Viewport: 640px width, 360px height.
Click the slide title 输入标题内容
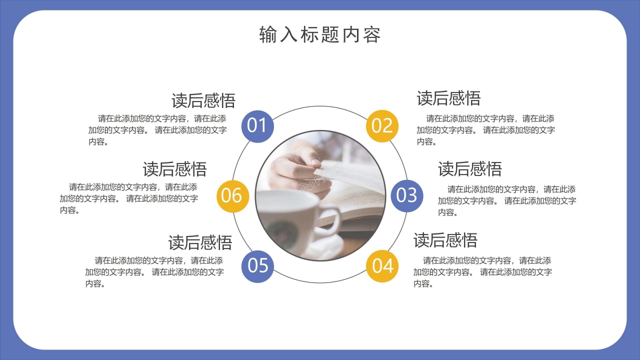(320, 35)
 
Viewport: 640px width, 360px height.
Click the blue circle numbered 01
(257, 125)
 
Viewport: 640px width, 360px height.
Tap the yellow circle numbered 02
(382, 125)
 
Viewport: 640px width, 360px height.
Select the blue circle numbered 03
(406, 195)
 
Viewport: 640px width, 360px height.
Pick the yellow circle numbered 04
(382, 265)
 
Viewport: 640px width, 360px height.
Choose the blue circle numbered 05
(257, 265)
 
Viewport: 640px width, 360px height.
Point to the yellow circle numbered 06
(232, 195)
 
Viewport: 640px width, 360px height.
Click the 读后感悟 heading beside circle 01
(203, 100)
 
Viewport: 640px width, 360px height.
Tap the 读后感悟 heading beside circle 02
(448, 98)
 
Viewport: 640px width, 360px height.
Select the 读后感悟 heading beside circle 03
(469, 169)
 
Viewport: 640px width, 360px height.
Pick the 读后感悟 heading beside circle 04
(445, 240)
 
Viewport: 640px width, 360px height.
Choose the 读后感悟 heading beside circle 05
(200, 242)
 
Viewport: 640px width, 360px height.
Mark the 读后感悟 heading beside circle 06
(174, 169)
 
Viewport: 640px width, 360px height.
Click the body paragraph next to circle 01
(157, 130)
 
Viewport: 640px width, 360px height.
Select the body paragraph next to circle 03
(507, 201)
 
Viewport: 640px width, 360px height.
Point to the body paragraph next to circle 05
(154, 272)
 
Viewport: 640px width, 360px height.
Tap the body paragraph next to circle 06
(129, 198)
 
